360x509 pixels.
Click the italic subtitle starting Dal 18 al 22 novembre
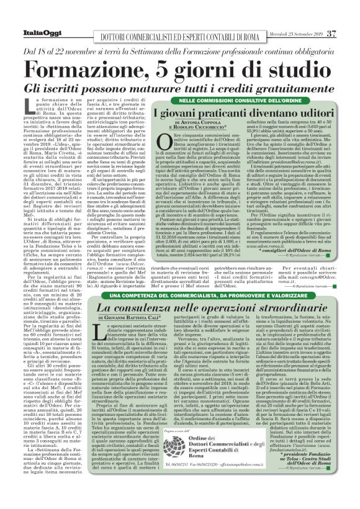click(180, 48)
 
